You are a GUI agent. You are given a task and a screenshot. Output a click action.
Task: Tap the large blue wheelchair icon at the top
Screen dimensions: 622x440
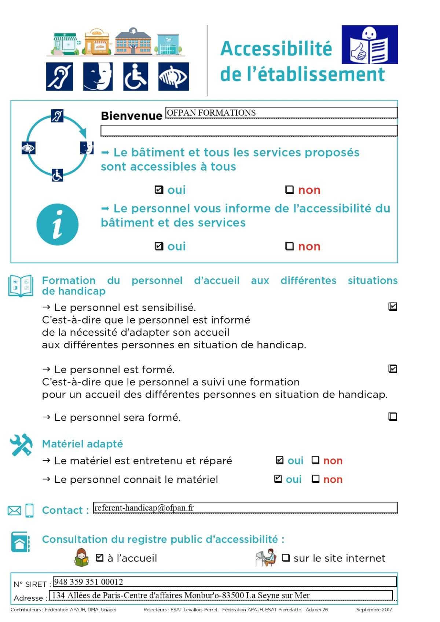[x=136, y=76]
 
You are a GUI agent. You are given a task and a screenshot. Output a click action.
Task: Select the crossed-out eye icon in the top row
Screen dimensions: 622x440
[x=173, y=76]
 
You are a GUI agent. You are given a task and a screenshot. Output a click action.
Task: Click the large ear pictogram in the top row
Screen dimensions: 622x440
[x=59, y=76]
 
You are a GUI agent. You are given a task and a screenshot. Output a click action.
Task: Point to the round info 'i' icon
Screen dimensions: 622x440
[x=58, y=224]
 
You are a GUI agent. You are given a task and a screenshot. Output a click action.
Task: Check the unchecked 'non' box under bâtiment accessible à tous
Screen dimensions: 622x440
[x=290, y=190]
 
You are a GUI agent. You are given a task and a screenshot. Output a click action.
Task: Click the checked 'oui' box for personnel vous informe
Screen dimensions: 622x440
[x=159, y=246]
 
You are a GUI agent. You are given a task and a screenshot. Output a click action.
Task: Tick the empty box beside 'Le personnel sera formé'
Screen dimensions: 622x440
[x=393, y=417]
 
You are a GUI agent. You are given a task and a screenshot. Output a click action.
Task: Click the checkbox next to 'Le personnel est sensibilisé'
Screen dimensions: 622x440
[x=393, y=307]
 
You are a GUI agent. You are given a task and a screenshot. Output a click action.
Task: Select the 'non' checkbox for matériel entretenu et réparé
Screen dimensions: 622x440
[x=315, y=460]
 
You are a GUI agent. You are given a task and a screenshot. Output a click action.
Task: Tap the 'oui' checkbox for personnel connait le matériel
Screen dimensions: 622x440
[x=278, y=479]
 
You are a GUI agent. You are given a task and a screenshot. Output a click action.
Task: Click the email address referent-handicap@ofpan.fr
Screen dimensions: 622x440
[x=144, y=508]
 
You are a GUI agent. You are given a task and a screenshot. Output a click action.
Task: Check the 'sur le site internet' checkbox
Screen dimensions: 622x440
[x=286, y=558]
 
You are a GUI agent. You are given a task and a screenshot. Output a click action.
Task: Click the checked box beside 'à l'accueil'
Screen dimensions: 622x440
[x=99, y=558]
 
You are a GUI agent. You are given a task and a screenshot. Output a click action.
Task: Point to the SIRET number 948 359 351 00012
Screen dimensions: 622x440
[x=88, y=582]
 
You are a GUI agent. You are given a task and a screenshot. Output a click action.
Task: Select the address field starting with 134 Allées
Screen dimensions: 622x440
[x=181, y=595]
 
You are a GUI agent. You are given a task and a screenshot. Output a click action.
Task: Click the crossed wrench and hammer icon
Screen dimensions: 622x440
[x=21, y=445]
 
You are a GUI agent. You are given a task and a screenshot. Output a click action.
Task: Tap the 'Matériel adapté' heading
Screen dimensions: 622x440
[x=82, y=444]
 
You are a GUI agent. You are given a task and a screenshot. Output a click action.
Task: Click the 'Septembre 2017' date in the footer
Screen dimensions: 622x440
[x=374, y=610]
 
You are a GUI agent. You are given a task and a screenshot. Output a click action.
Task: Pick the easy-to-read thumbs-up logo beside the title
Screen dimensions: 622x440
[x=370, y=45]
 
